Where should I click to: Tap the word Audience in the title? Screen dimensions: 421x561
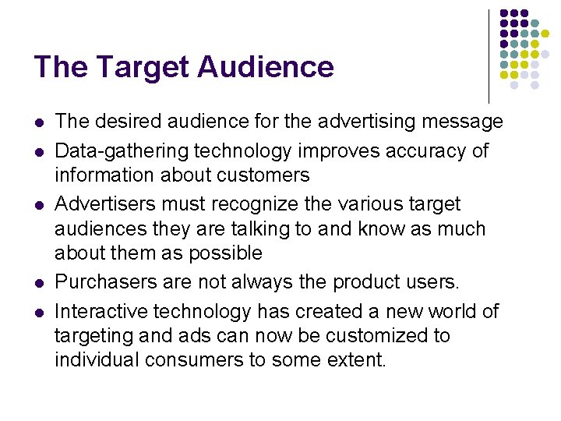tap(265, 67)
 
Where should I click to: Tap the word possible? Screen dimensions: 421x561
tap(226, 254)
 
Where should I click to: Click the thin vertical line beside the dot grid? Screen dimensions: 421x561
tap(489, 55)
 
